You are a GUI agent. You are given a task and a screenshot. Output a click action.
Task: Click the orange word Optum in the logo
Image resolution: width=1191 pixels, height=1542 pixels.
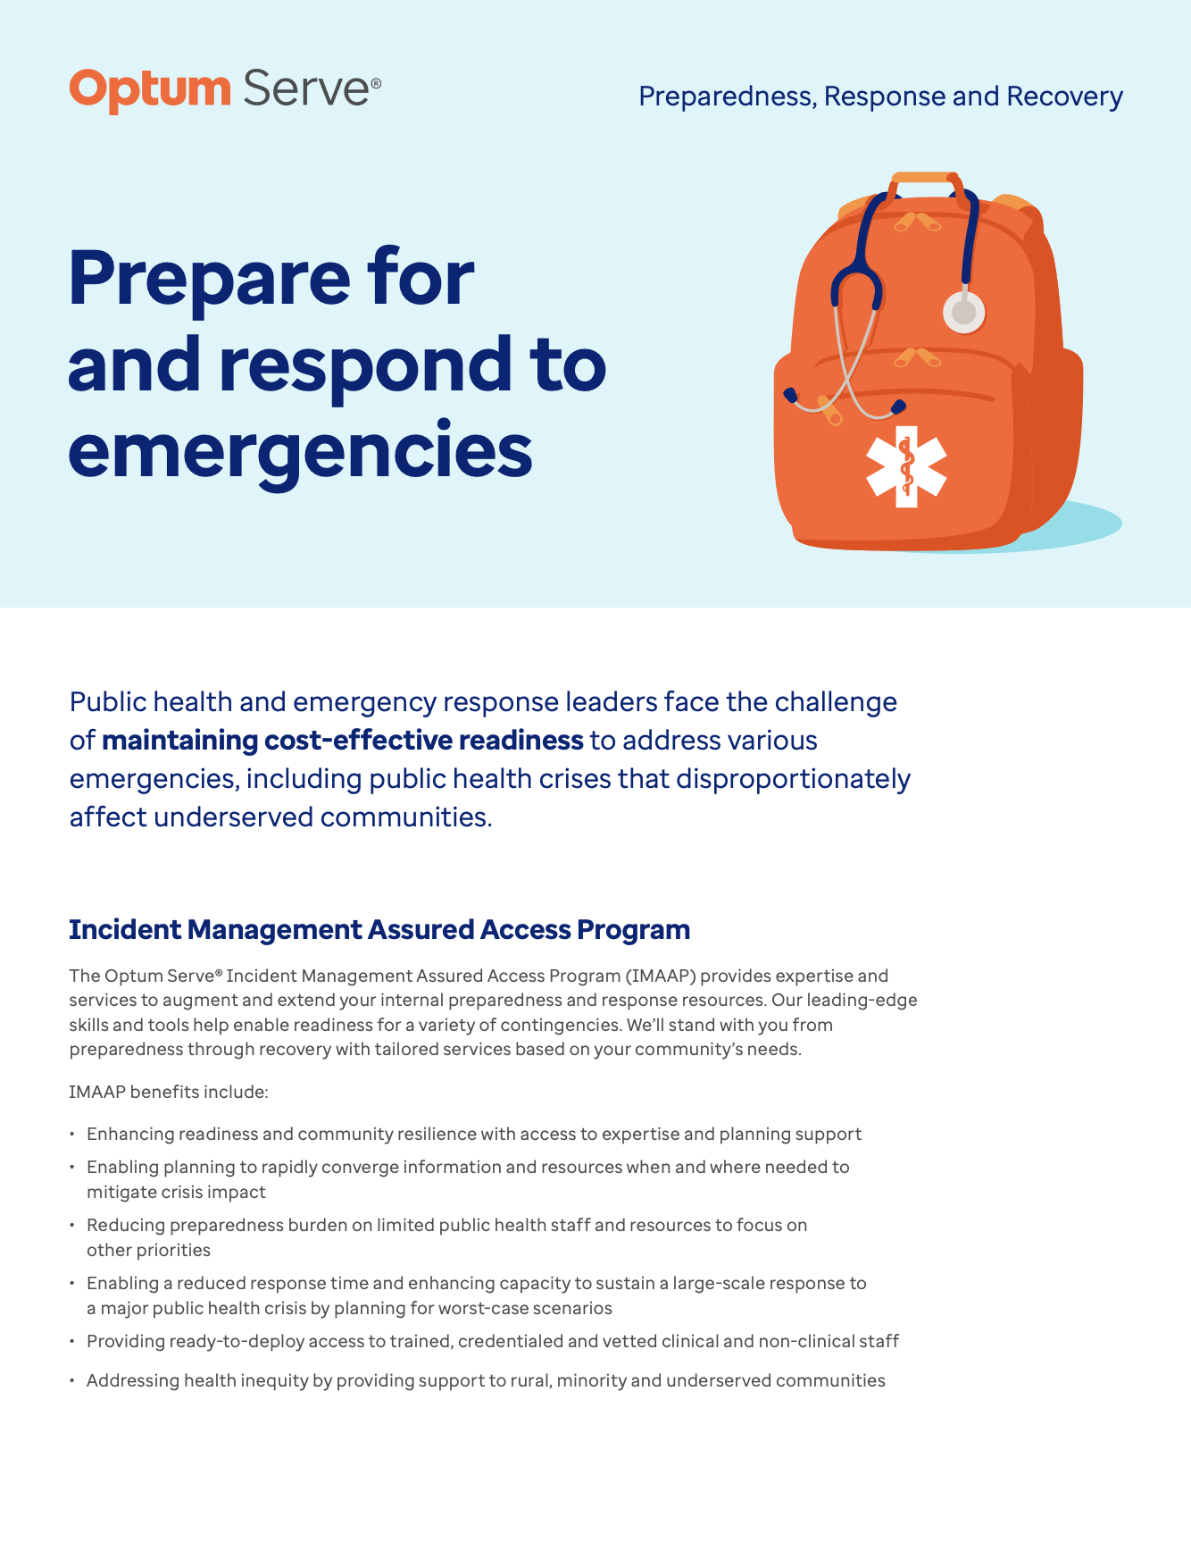coord(149,90)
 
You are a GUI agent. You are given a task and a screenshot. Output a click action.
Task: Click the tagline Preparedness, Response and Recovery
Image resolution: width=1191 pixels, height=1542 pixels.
coord(880,96)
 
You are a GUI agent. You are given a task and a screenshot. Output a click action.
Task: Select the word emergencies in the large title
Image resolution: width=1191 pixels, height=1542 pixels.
coord(300,450)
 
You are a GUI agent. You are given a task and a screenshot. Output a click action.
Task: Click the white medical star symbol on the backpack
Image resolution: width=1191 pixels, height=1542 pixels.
coord(906,466)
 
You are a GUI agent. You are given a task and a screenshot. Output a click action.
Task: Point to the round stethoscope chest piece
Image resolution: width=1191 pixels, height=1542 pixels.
coord(964,313)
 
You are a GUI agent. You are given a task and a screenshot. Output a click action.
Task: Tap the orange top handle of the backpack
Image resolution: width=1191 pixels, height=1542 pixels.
coord(925,179)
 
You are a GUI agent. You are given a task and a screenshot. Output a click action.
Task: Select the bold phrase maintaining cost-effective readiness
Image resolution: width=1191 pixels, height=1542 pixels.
coord(343,741)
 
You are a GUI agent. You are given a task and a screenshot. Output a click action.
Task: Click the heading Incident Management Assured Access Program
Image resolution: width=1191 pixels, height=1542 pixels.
coord(379,929)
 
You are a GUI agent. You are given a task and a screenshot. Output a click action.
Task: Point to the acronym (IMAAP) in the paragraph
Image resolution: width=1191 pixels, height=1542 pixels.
coord(661,976)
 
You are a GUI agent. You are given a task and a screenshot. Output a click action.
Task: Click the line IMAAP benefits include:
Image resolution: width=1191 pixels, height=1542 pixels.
coord(169,1092)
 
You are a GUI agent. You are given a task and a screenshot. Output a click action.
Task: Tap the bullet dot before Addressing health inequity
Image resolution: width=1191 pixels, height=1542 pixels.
coord(72,1381)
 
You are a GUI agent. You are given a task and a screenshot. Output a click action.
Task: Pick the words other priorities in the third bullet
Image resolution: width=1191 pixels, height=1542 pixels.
coord(148,1250)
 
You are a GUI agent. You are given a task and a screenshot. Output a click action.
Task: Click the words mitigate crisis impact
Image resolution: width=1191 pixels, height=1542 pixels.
coord(176,1192)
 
